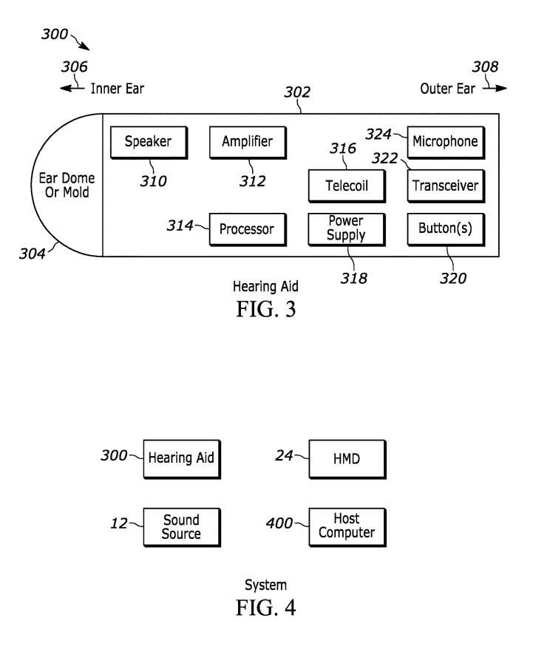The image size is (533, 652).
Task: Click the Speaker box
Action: point(147,142)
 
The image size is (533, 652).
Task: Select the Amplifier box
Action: point(247,142)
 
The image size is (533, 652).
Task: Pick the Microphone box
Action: point(445,142)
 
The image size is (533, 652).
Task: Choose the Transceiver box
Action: point(445,186)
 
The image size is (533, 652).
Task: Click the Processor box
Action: point(247,229)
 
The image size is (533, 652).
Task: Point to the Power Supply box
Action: point(346,229)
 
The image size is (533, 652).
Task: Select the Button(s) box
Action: point(445,229)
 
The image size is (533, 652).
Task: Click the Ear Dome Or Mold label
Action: point(67,185)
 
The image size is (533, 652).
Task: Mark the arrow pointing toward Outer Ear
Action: point(496,89)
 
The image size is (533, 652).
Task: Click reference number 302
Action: point(297,94)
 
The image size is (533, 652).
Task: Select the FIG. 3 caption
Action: point(265,308)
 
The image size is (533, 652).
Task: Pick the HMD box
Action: point(346,458)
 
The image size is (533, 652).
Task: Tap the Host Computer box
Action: point(346,526)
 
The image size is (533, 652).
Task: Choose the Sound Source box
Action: point(181,526)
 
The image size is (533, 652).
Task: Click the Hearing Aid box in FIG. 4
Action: point(181,458)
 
